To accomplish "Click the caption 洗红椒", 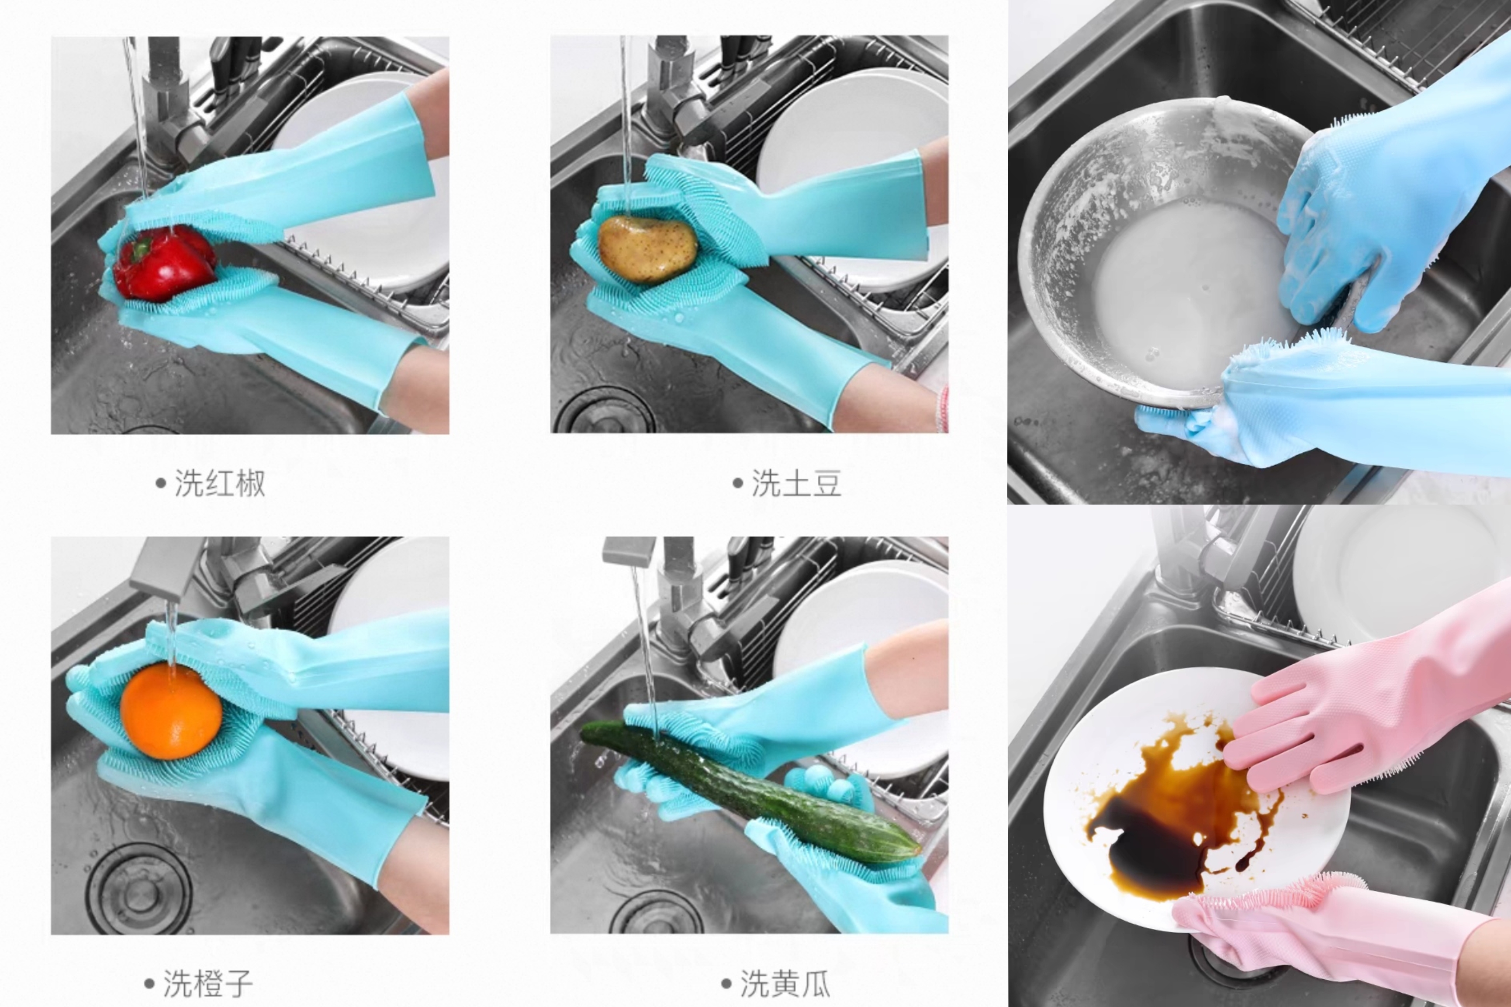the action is pos(219,483).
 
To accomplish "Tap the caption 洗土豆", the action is pos(796,483).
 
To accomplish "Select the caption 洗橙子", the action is pos(207,983).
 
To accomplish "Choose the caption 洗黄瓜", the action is pos(785,983).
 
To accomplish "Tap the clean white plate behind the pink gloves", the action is pos(1400,578).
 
